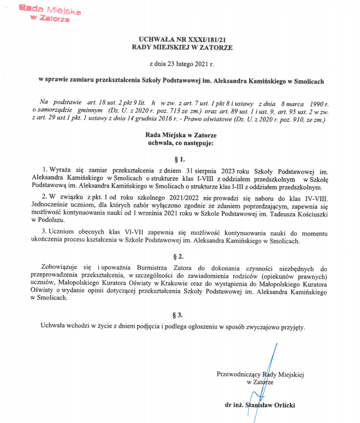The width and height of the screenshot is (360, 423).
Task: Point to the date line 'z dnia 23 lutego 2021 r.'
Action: tap(181, 64)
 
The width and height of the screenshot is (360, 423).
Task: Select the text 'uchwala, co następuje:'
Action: tap(181, 143)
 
